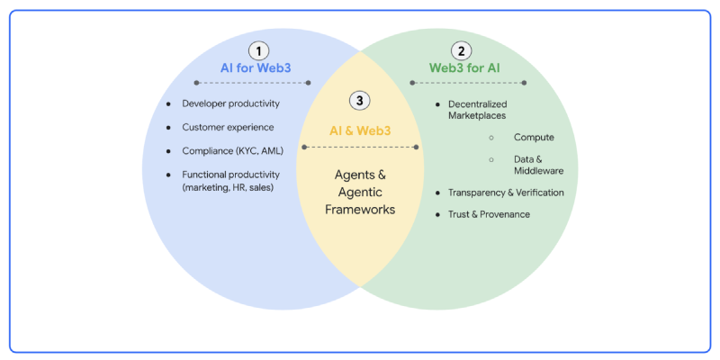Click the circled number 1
point(259,51)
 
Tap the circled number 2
point(462,51)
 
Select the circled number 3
point(359,100)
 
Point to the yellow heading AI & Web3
point(359,130)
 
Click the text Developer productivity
point(230,104)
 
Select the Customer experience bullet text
point(228,128)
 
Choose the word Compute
point(534,138)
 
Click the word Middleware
point(539,170)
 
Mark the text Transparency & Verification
point(506,193)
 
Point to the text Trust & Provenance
point(489,214)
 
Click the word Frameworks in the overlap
point(359,209)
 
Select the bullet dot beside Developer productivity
point(168,104)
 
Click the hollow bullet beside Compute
point(491,138)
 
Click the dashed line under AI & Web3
point(359,147)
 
